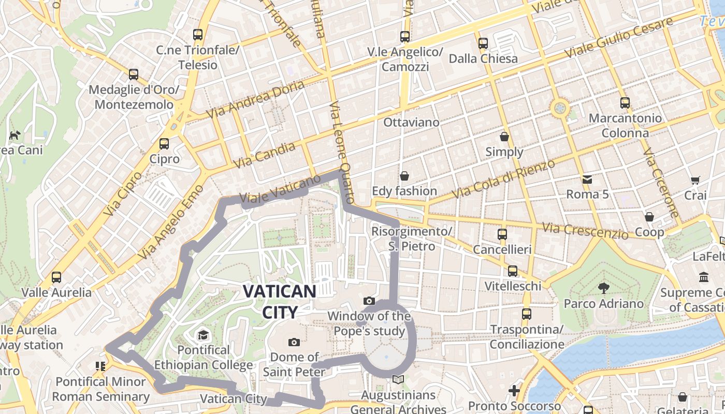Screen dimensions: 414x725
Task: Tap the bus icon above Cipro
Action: point(164,144)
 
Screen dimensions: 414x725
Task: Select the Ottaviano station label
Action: point(411,123)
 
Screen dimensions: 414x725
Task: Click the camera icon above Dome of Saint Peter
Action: point(294,342)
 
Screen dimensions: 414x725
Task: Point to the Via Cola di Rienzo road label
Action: point(503,179)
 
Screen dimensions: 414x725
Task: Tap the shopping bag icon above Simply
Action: point(504,137)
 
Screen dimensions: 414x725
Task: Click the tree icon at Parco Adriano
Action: point(603,288)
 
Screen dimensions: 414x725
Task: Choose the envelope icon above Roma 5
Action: point(587,180)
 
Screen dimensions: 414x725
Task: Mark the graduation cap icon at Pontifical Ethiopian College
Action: point(203,335)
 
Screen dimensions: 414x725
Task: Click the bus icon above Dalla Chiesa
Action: point(483,43)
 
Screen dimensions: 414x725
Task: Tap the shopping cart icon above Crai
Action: point(695,181)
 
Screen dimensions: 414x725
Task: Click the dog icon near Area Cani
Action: point(15,136)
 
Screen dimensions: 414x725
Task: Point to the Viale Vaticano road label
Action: point(280,191)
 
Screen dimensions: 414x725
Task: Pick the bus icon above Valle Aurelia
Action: point(56,277)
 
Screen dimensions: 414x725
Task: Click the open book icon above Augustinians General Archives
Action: point(398,380)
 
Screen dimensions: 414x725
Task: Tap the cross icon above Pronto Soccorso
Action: point(514,390)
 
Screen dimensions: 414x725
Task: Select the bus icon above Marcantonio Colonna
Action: point(625,103)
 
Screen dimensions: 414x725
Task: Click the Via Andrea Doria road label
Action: point(255,100)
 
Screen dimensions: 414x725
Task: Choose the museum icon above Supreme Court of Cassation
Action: point(704,277)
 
